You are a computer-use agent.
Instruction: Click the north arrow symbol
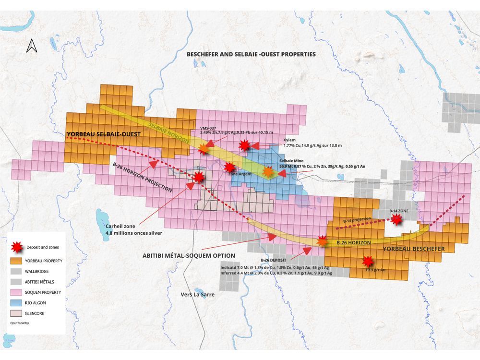click(32, 45)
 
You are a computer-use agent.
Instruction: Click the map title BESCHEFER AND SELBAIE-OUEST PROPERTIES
click(251, 54)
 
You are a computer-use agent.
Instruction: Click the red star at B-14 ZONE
click(396, 219)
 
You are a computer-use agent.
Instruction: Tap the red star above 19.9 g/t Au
click(368, 261)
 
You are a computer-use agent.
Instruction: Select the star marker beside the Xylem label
click(245, 145)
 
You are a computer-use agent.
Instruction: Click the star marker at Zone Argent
click(229, 167)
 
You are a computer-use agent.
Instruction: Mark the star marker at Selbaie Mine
click(268, 171)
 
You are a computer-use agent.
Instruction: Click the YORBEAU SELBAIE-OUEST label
click(103, 134)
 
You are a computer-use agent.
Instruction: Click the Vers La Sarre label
click(197, 295)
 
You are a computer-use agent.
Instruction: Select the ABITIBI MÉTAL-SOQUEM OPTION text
click(188, 256)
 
